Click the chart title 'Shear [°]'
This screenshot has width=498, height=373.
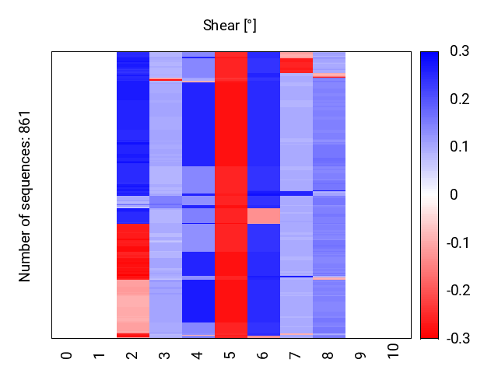pyautogui.click(x=230, y=26)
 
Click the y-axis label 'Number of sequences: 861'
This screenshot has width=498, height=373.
pyautogui.click(x=25, y=195)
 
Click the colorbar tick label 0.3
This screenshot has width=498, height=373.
pyautogui.click(x=460, y=51)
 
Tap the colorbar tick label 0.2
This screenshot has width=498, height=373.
pyautogui.click(x=460, y=99)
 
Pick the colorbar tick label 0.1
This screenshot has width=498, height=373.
pyautogui.click(x=460, y=147)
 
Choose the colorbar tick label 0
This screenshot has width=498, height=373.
pyautogui.click(x=454, y=195)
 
